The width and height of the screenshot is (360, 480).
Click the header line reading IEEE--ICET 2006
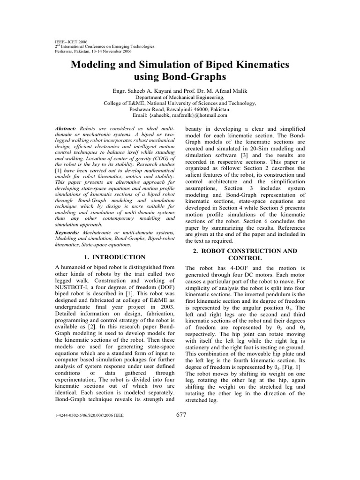pos(71,42)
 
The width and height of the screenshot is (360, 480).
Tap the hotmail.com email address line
pos(180,115)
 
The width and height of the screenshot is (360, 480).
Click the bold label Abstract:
pos(67,128)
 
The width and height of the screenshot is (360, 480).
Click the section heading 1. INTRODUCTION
pos(114,257)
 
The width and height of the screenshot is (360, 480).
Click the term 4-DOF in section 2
pos(232,267)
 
